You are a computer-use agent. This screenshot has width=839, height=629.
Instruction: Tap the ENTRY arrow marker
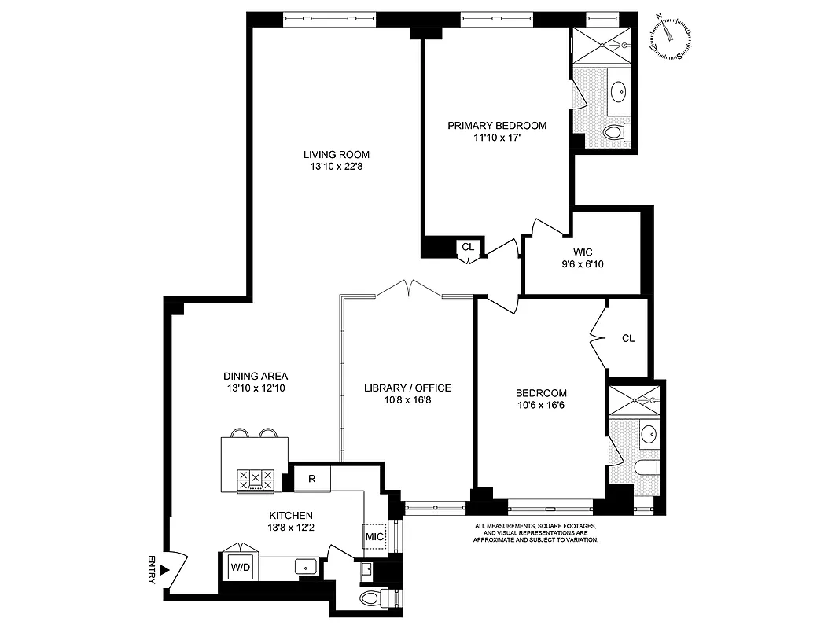(x=164, y=570)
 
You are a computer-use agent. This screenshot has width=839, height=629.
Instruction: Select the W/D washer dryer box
(x=239, y=565)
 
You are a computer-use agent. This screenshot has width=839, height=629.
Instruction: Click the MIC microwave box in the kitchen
(x=374, y=537)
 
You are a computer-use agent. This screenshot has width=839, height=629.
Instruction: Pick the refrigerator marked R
(x=311, y=478)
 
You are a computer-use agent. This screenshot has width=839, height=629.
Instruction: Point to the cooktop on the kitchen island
(x=256, y=480)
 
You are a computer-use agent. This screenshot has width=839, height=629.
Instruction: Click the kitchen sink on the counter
(x=304, y=565)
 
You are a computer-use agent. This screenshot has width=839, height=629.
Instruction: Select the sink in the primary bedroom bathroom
(x=619, y=91)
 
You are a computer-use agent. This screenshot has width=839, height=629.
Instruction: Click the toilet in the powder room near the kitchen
(x=373, y=598)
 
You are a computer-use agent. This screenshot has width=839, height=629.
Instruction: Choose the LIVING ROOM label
(x=336, y=154)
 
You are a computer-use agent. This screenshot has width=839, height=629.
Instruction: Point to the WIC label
(x=583, y=252)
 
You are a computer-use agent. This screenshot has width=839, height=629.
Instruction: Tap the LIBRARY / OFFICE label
(x=407, y=388)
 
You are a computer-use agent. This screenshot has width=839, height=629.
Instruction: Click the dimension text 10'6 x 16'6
(x=541, y=406)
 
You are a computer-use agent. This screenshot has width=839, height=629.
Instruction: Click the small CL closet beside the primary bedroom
(x=469, y=247)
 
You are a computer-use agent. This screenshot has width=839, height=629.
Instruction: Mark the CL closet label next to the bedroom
(x=627, y=338)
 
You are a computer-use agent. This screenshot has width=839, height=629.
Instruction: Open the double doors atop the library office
(x=409, y=289)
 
